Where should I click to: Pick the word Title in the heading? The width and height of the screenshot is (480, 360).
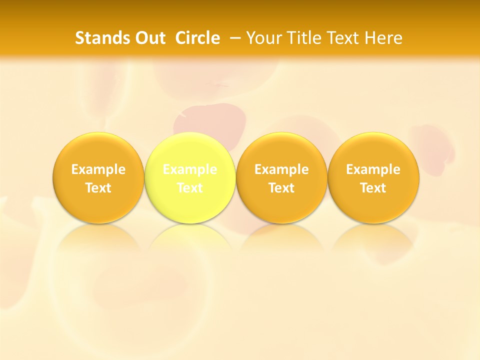[304, 38]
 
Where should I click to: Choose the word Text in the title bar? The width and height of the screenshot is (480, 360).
[344, 38]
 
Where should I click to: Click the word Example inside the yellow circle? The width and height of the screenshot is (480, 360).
[190, 169]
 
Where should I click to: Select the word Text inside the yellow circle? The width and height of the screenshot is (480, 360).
[190, 188]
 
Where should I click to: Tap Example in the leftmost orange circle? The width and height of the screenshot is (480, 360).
[98, 169]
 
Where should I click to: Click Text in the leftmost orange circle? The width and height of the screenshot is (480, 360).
[98, 188]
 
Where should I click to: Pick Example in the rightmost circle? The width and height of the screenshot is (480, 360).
[373, 169]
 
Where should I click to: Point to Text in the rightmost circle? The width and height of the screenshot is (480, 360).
[373, 188]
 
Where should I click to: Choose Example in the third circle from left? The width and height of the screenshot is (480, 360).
[281, 169]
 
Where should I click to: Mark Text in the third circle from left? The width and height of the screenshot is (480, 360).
[281, 188]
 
